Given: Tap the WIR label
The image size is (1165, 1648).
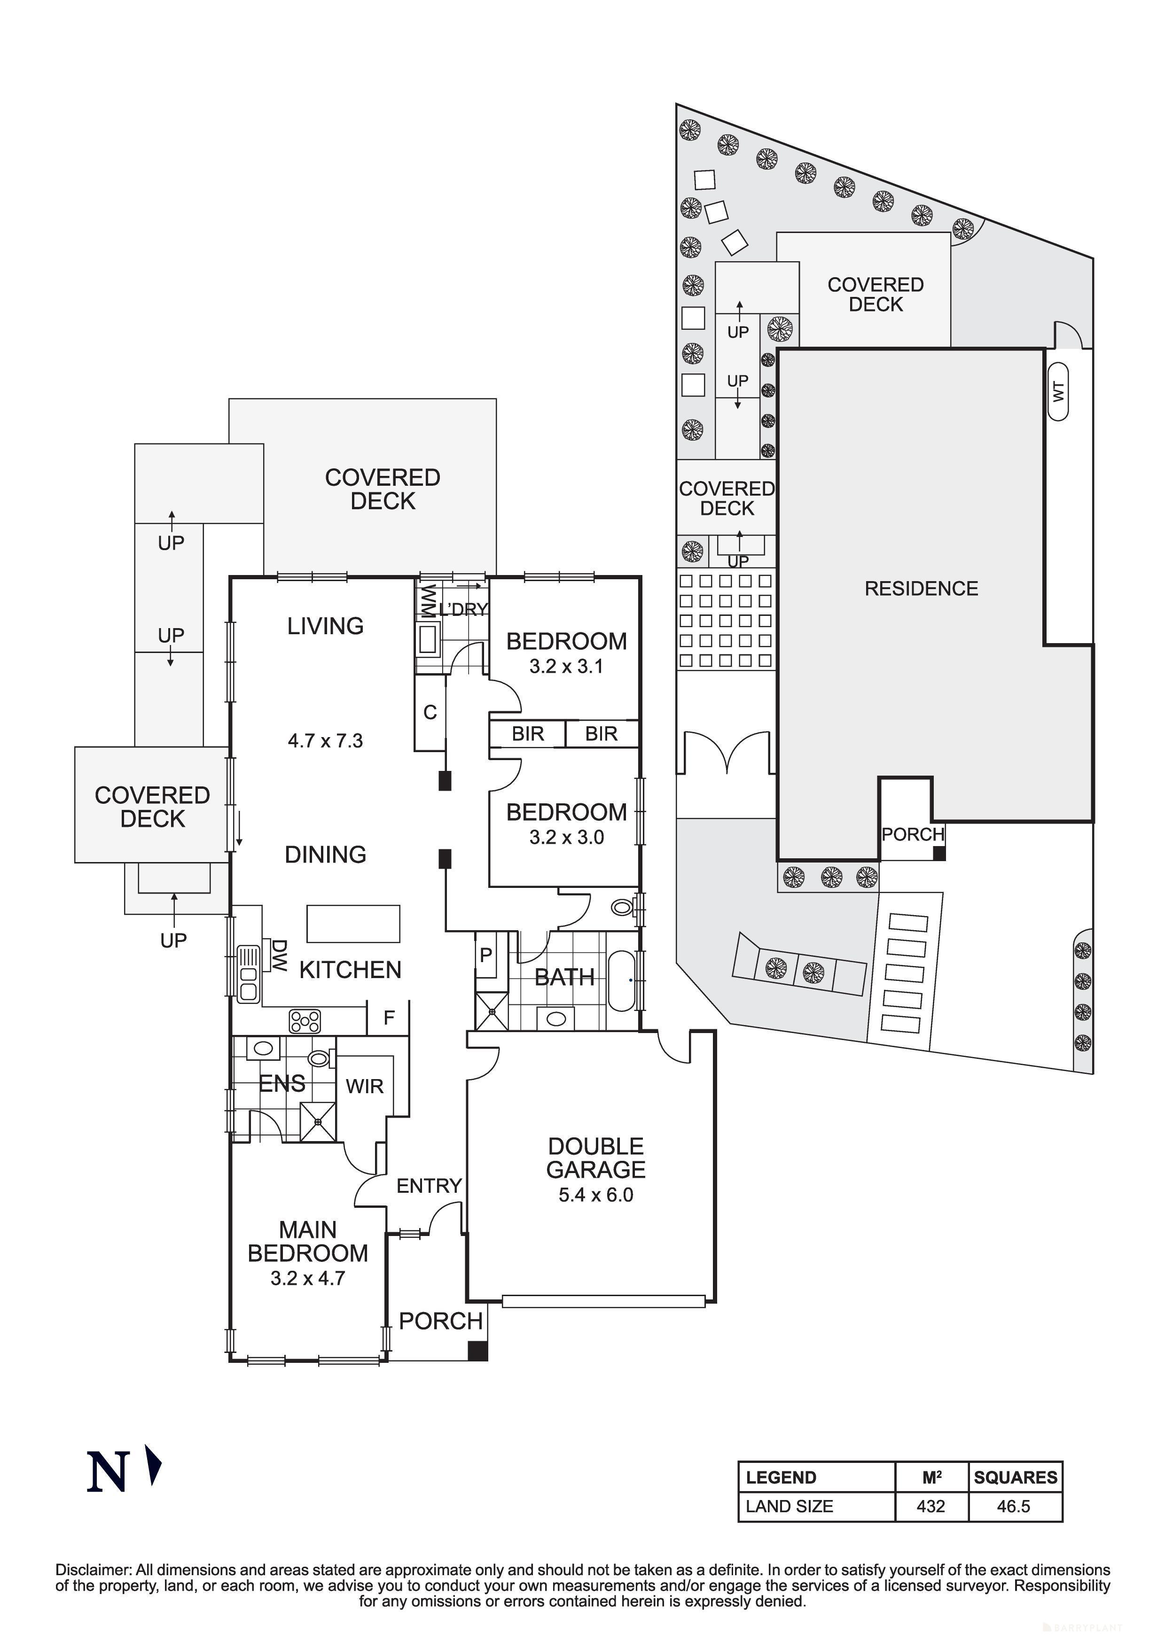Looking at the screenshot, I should [x=365, y=1087].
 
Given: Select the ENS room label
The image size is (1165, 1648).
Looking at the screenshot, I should [x=281, y=1083].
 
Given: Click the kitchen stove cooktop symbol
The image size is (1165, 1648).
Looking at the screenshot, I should [x=305, y=1021].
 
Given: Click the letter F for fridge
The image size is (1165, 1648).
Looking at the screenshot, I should [x=389, y=1018].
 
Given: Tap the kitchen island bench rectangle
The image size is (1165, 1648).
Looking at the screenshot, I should [x=353, y=924].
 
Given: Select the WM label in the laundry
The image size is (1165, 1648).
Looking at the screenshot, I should [x=429, y=601].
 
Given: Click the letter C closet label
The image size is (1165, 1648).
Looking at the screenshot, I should [x=430, y=713].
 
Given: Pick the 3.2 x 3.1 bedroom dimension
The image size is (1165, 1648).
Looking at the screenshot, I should [x=566, y=667].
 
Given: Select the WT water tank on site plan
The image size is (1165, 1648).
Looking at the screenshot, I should [x=1057, y=391].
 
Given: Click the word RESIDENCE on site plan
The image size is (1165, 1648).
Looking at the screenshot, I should [x=921, y=589].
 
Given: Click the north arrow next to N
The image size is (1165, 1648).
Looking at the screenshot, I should [x=153, y=1465].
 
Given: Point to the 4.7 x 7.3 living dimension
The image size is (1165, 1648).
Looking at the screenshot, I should [x=325, y=741].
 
